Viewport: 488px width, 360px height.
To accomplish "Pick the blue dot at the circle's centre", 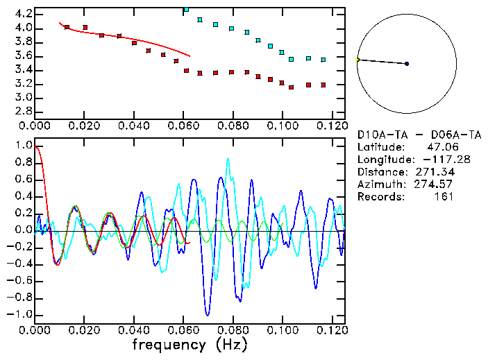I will click(407, 64).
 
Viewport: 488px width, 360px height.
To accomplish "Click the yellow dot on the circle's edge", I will click(357, 60).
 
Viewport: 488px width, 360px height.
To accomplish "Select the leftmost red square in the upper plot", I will click(67, 27).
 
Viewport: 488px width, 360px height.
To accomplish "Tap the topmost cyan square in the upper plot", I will click(186, 10).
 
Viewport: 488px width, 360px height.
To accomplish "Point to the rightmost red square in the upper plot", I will click(323, 85).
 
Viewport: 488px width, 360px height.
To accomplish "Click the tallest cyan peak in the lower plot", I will click(227, 159).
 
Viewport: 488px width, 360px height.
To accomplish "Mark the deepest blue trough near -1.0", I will click(207, 314).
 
